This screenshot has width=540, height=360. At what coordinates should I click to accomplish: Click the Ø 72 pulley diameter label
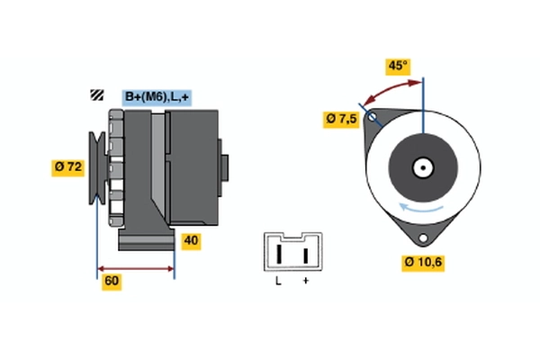coord(68,166)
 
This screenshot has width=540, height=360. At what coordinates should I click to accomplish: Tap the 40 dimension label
coord(190,240)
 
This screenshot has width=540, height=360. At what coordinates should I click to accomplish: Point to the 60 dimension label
coord(112,281)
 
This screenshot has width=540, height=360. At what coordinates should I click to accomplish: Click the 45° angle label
coord(397,66)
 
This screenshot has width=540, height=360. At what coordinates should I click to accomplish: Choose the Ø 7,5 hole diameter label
coord(341,118)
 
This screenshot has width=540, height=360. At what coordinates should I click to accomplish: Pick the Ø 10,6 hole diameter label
coord(423,263)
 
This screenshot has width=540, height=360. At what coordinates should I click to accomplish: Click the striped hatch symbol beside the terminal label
coord(96,95)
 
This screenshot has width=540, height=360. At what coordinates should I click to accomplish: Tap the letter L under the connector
coord(278,282)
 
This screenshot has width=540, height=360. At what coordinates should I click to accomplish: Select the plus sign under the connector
coord(306,282)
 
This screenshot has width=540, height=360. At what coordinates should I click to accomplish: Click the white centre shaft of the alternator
coord(422,167)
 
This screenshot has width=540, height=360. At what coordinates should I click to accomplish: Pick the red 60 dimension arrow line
coord(135,268)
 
